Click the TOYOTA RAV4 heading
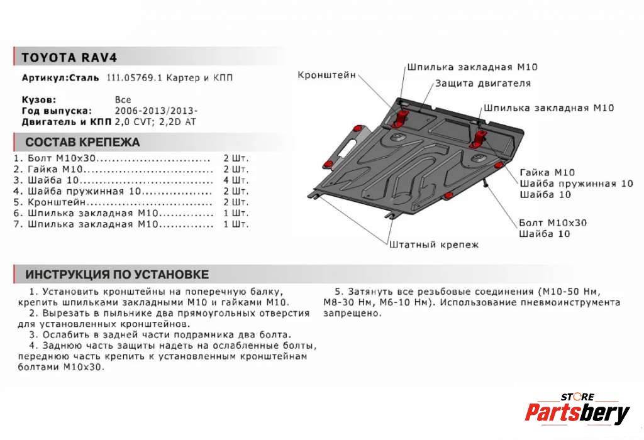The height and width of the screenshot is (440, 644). tap(70, 57)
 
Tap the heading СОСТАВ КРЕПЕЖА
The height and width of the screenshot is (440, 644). tap(82, 142)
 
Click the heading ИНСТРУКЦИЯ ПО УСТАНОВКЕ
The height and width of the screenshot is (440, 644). tap(117, 275)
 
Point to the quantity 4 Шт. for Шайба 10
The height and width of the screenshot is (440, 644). tap(236, 180)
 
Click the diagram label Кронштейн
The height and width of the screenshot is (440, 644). tap(326, 75)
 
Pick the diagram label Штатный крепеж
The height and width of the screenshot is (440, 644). tap(434, 245)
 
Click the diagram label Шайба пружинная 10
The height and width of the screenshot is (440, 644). tap(576, 184)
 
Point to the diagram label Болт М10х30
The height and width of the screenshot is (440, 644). tap(553, 223)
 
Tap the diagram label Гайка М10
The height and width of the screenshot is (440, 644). tap(547, 172)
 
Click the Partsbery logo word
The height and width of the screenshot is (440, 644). tap(577, 413)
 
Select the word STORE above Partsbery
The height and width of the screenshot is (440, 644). tap(577, 397)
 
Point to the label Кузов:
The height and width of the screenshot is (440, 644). tap(39, 99)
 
